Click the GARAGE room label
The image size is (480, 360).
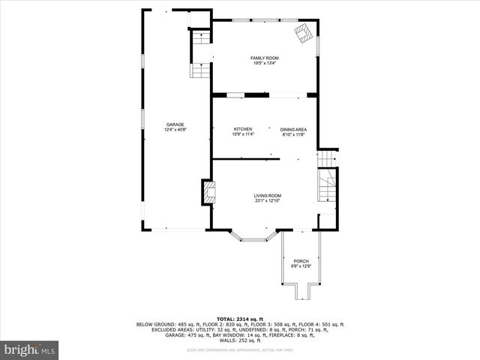175,124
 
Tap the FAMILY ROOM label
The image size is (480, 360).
265,58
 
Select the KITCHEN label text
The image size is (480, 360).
242,129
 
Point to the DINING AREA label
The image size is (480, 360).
294,129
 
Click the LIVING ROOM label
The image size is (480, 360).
267,195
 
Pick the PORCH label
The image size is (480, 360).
300,261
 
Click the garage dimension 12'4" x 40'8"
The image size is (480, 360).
175,130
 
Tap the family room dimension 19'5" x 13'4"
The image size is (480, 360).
265,63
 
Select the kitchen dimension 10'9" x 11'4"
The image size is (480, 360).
242,134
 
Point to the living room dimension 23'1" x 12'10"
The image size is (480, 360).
267,200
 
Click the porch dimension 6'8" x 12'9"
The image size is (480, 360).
300,266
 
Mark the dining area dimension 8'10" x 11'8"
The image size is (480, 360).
294,134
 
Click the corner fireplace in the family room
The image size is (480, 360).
303,33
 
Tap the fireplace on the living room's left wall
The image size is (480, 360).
208,192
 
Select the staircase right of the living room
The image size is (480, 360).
327,185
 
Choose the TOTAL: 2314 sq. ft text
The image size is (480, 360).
240,319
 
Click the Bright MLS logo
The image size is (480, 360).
30,349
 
